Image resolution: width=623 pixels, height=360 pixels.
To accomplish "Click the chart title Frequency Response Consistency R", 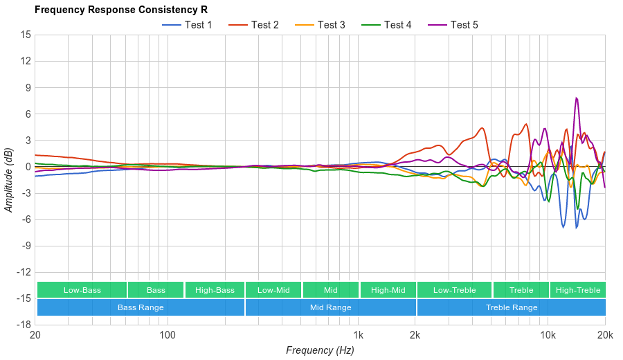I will pos(121,10).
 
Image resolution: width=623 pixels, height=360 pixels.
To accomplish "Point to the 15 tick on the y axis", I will pos(25,35).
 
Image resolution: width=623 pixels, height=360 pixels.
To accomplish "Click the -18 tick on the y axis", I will pos(24,325).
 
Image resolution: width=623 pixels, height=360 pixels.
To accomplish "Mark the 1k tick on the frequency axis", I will pos(358,335).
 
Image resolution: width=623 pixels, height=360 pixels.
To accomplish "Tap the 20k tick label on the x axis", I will pos(605,335).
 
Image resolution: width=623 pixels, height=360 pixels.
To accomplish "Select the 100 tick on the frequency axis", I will pos(168,335).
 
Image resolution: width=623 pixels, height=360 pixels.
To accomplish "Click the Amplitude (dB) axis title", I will pos(9,179).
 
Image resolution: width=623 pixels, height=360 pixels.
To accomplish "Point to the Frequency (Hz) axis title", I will pos(320,350).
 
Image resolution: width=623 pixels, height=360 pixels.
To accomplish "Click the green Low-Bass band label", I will pos(82,290).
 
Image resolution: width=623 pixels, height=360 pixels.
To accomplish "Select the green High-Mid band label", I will pos(388,290).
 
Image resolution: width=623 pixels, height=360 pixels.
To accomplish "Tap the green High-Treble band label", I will pos(578,290).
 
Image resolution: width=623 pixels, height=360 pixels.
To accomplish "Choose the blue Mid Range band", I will pos(330,307).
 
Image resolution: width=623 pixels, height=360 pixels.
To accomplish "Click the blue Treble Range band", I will pos(512,307).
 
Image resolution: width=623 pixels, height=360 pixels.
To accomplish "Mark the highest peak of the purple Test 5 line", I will pos(576,98).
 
